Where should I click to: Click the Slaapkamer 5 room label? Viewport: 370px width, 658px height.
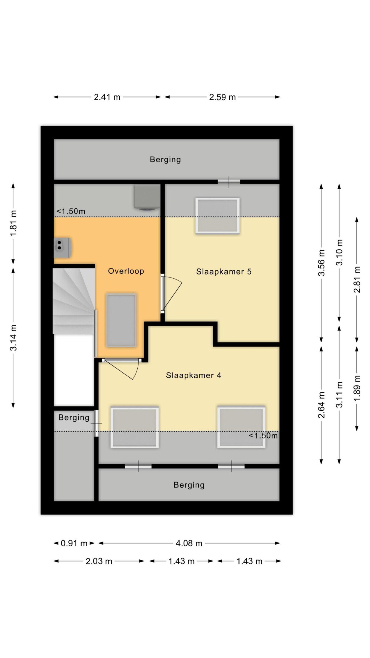click(x=224, y=272)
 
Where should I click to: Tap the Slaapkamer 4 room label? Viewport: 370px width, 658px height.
click(x=193, y=375)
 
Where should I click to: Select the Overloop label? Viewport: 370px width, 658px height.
click(x=126, y=271)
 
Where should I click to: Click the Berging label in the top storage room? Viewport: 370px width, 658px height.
click(x=165, y=160)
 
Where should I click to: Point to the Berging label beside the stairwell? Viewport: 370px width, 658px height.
click(x=74, y=418)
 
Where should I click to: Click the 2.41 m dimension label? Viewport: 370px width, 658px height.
click(x=107, y=97)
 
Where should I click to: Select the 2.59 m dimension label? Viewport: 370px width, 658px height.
click(x=222, y=97)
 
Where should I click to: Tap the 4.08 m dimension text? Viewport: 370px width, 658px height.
click(x=189, y=543)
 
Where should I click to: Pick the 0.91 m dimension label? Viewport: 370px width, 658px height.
click(x=74, y=543)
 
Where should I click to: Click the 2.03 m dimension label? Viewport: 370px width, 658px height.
click(x=99, y=561)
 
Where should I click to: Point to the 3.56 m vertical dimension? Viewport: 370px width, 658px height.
click(x=321, y=263)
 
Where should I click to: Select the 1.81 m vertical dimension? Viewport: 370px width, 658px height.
click(x=13, y=223)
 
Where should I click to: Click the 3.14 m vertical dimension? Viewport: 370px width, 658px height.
click(x=13, y=338)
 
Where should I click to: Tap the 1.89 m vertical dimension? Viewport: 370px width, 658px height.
click(x=357, y=389)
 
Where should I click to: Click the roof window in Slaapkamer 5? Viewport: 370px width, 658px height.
click(x=217, y=216)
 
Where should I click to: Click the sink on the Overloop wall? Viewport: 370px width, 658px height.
click(x=62, y=248)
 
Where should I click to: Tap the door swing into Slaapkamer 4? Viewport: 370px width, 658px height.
click(x=124, y=370)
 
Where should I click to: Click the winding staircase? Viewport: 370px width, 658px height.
click(x=74, y=301)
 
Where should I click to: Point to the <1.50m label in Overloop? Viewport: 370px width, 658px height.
click(x=71, y=211)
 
